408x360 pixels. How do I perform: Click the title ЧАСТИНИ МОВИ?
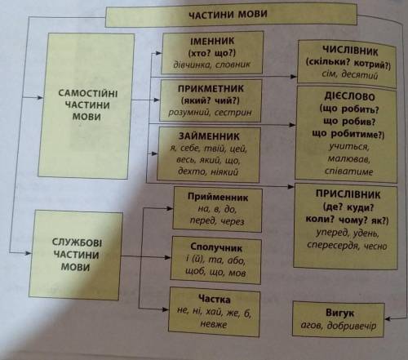(x=228, y=14)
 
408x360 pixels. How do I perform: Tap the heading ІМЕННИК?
(x=212, y=41)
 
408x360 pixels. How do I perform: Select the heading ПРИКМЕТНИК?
(x=211, y=89)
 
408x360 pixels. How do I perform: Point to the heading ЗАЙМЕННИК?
(x=209, y=136)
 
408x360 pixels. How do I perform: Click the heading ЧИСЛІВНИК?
(x=350, y=51)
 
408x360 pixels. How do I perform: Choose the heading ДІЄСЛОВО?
(x=349, y=96)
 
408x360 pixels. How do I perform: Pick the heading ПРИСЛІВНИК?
(x=348, y=194)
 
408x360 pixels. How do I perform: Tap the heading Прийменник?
(x=218, y=197)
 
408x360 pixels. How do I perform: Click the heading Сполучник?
(x=216, y=247)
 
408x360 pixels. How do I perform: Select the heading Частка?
(x=215, y=299)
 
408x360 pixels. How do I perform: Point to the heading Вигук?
(x=339, y=313)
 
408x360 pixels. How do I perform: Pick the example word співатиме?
(x=348, y=171)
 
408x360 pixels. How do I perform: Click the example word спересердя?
(x=332, y=244)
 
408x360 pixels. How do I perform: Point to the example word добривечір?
(x=352, y=326)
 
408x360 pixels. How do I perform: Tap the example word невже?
(x=214, y=324)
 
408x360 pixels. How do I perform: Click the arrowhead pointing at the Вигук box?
(x=388, y=318)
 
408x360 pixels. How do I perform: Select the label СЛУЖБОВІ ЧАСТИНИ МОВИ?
(x=76, y=255)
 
